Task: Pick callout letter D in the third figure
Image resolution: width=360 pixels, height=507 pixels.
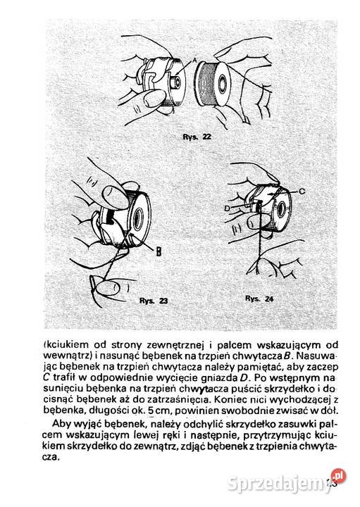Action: point(228,208)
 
